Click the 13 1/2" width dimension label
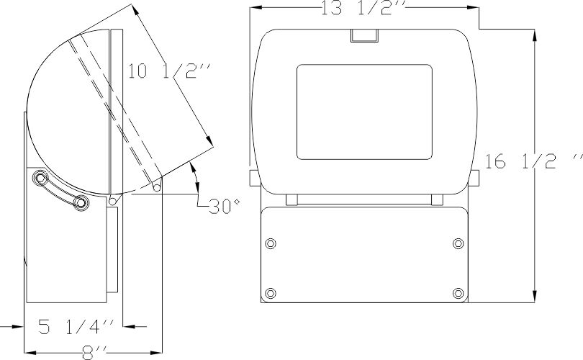pyautogui.click(x=357, y=8)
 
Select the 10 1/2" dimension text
pyautogui.click(x=170, y=71)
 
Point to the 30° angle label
pyautogui.click(x=224, y=207)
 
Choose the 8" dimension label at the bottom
pyautogui.click(x=94, y=353)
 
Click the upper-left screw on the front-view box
pyautogui.click(x=271, y=243)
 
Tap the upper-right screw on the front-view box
pyautogui.click(x=458, y=243)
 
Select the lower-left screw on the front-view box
pyautogui.click(x=271, y=293)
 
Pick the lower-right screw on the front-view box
pyautogui.click(x=458, y=293)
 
